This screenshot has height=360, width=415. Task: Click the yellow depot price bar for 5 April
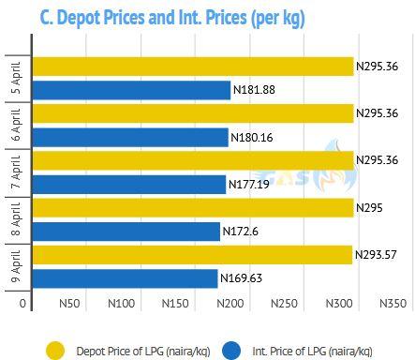click(x=193, y=67)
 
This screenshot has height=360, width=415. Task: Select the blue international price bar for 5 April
click(x=131, y=90)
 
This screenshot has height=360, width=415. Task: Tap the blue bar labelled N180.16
click(x=130, y=137)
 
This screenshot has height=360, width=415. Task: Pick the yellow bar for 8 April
click(x=193, y=208)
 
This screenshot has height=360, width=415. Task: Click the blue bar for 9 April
click(x=126, y=278)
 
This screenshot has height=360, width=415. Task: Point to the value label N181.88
click(x=254, y=90)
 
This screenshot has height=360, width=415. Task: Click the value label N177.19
click(x=249, y=184)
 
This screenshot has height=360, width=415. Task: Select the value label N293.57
click(x=376, y=255)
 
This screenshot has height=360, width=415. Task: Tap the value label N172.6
click(x=241, y=232)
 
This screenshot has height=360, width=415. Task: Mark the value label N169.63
click(x=241, y=278)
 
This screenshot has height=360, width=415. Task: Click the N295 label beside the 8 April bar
click(x=369, y=208)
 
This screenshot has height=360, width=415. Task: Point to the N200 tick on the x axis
click(x=230, y=303)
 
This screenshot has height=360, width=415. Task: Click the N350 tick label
click(x=393, y=303)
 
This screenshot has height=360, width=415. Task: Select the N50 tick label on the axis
click(x=69, y=303)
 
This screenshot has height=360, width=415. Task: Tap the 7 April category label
click(x=16, y=172)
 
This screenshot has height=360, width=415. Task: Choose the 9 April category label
click(x=16, y=266)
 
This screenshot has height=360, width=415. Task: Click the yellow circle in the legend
click(x=55, y=351)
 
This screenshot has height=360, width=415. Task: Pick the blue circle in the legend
click(x=231, y=351)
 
